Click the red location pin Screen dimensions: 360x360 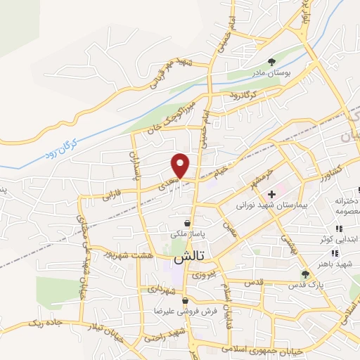point(181,165)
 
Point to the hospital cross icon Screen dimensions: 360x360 point(271,193)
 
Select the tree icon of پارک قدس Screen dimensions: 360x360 point(304,274)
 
